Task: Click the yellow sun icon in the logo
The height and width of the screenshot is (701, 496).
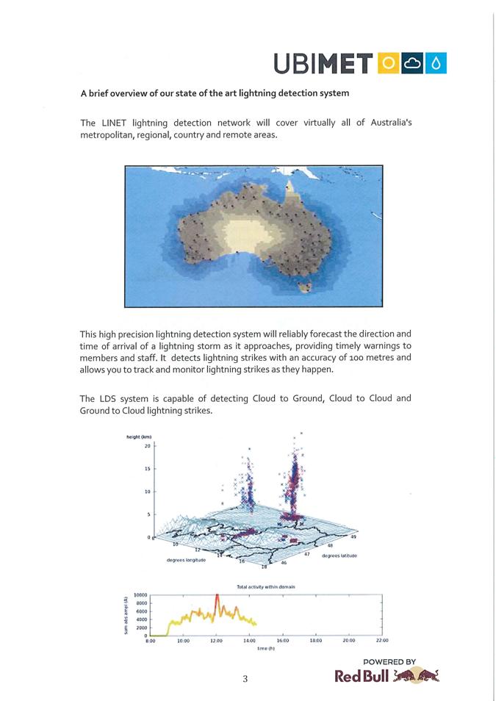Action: click(x=389, y=64)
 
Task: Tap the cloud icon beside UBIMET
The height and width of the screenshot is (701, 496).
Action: click(x=413, y=64)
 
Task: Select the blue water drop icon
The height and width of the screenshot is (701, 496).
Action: click(x=436, y=64)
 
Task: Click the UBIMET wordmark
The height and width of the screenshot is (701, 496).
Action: click(x=323, y=64)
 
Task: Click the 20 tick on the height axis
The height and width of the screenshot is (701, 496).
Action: click(x=147, y=446)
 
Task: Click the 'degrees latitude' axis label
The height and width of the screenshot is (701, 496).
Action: click(x=339, y=556)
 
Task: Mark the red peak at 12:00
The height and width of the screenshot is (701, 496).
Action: click(x=217, y=597)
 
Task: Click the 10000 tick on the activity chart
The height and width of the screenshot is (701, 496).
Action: click(x=141, y=594)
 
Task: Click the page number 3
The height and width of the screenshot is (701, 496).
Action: click(x=245, y=679)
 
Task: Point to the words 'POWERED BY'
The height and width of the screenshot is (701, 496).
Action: click(x=389, y=661)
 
